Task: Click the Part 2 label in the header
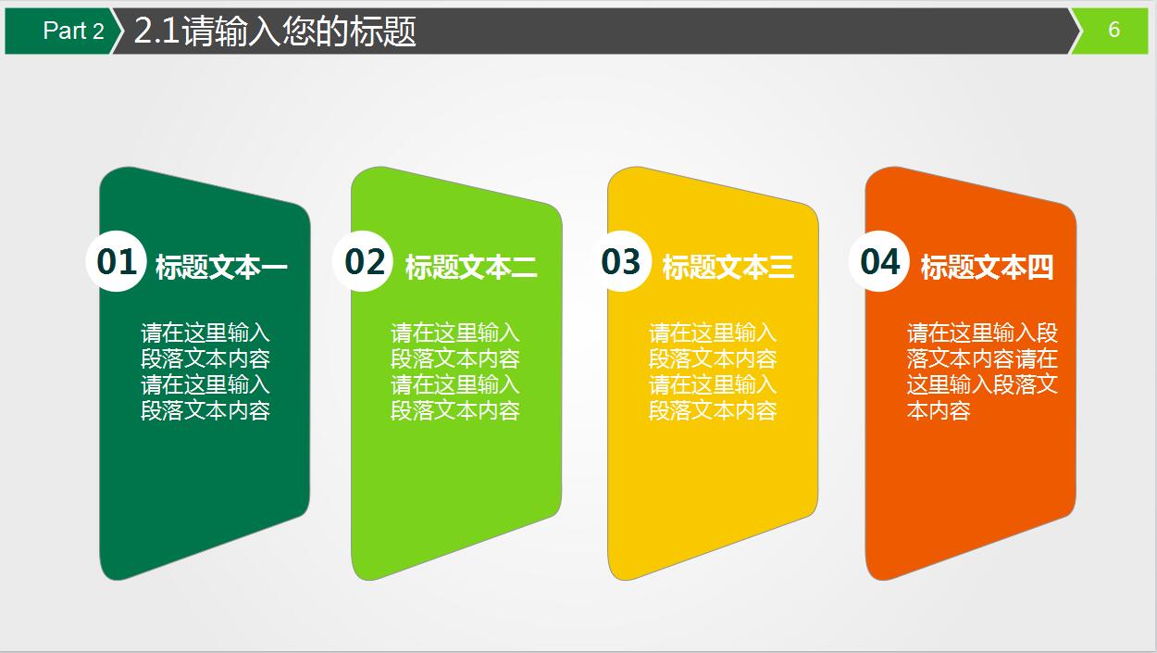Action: (x=73, y=31)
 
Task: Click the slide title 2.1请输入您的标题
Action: (x=275, y=31)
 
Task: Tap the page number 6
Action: (x=1113, y=30)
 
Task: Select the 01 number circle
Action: (x=117, y=261)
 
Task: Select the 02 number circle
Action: (x=364, y=261)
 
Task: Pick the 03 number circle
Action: (x=621, y=261)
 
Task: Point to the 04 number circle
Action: (x=879, y=261)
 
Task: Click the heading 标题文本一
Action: (x=221, y=268)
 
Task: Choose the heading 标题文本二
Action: (x=471, y=268)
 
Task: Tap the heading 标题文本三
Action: (x=728, y=268)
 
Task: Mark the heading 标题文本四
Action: (x=987, y=268)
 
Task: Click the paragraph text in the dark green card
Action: (x=205, y=371)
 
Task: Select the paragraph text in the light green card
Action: (x=455, y=371)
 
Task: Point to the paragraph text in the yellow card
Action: (x=713, y=371)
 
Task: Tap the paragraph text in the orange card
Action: (x=982, y=371)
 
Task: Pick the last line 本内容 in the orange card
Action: (x=939, y=411)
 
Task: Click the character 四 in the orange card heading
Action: (x=1040, y=268)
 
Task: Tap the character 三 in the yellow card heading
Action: (x=780, y=268)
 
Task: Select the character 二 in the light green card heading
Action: (x=524, y=268)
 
